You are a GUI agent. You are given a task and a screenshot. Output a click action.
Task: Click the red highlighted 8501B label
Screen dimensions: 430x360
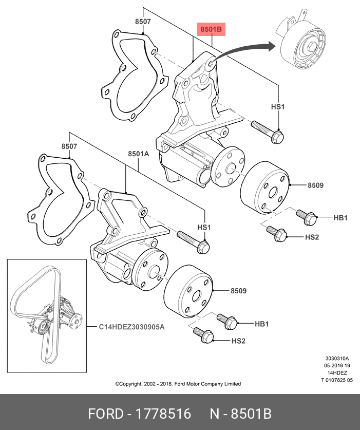point(211,30)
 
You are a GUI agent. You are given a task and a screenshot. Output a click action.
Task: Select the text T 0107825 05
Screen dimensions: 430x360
point(337,380)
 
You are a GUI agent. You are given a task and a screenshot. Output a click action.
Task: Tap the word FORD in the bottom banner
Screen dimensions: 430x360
point(106,414)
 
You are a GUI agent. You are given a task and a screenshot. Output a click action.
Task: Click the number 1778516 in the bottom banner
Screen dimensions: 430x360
point(163,414)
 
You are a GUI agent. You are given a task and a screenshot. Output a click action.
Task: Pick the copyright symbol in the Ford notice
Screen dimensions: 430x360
point(118,384)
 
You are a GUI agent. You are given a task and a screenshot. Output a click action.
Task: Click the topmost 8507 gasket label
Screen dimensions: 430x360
point(143,22)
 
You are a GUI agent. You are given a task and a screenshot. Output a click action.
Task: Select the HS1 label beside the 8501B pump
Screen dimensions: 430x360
point(278,107)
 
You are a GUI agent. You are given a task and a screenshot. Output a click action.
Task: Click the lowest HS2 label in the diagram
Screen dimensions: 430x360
point(239,341)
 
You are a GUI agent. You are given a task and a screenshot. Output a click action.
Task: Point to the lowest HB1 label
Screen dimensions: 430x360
point(262,324)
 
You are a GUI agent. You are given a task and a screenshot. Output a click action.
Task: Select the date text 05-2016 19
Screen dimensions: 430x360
point(337,366)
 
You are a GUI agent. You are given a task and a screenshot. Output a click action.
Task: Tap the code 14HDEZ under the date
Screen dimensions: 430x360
point(337,373)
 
